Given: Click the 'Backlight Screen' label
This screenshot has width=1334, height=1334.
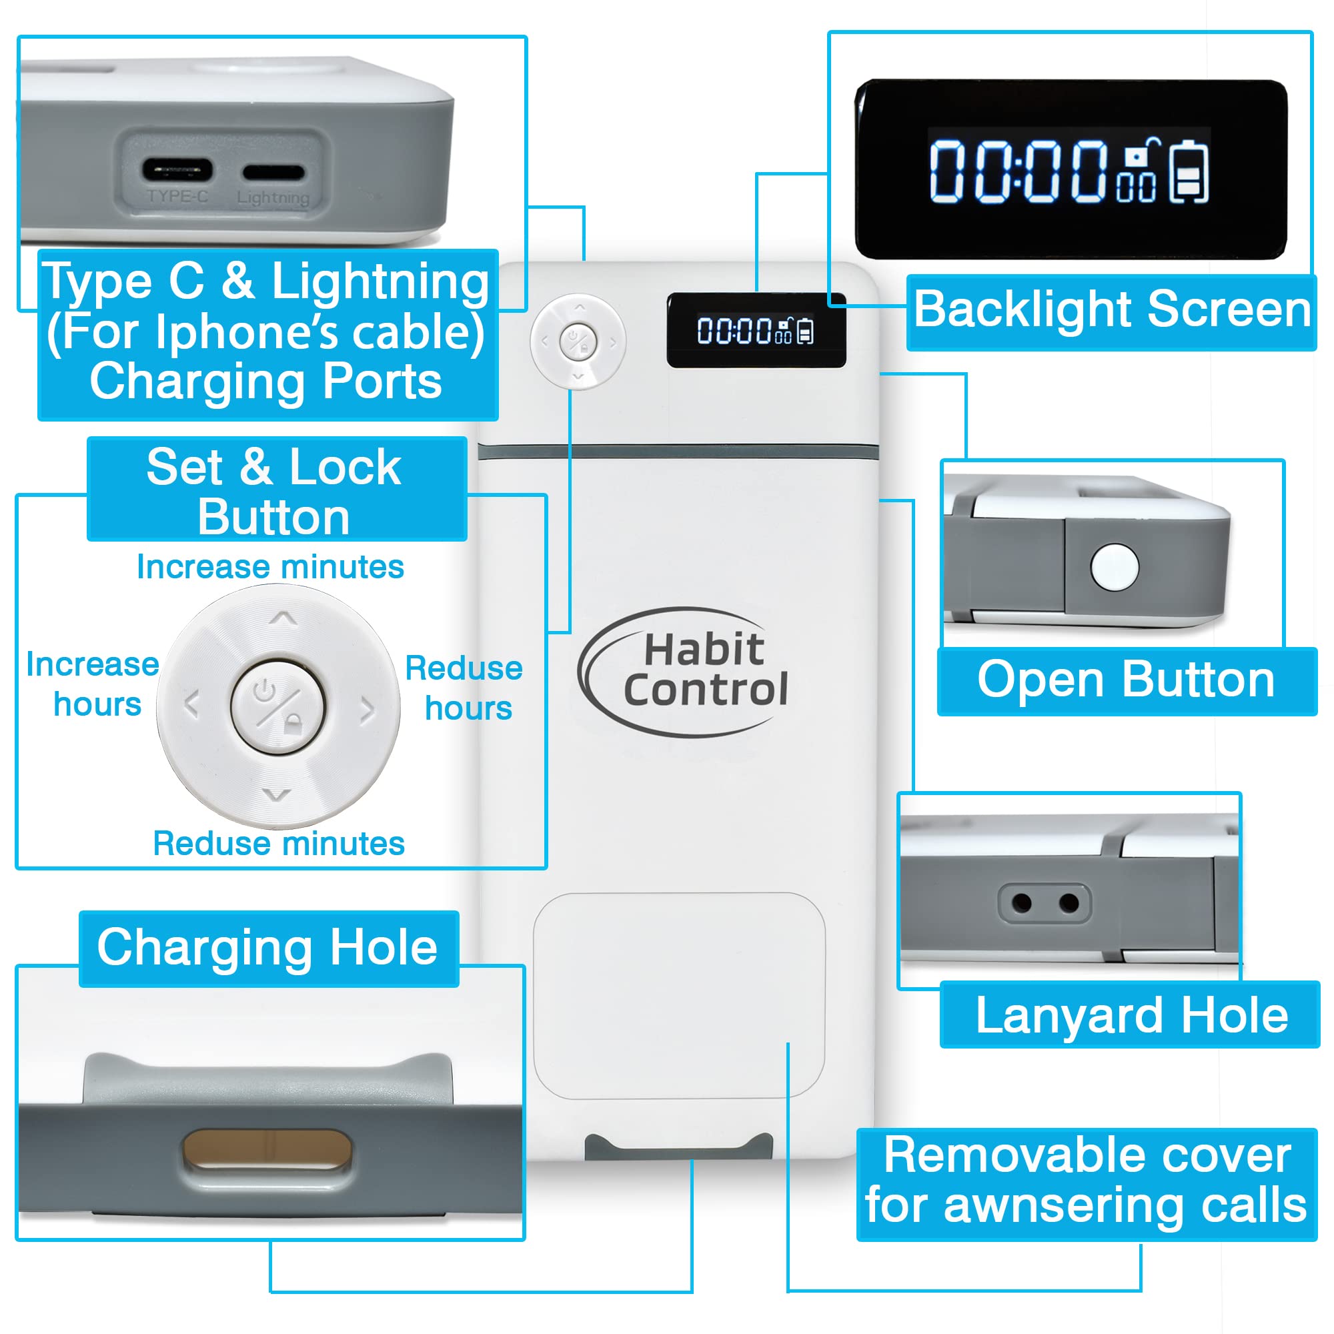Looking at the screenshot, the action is coord(1112,309).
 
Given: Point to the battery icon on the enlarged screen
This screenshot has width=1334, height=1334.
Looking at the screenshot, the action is coord(1189,171).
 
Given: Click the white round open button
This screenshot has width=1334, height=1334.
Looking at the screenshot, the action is coord(1115,566).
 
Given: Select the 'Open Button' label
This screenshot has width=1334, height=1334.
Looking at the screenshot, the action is coord(1126,680).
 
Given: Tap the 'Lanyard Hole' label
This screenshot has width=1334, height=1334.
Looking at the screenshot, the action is coord(1132,1016).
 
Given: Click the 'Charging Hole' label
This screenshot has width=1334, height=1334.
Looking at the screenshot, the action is coord(267,948).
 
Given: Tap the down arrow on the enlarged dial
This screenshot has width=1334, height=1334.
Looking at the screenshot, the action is coord(277,796).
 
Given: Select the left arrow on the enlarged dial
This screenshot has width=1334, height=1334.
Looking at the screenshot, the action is coord(192,704).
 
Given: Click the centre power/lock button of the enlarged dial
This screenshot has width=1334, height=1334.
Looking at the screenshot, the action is coord(277,706).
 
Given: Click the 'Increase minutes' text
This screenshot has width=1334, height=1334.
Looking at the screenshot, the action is coord(270,567).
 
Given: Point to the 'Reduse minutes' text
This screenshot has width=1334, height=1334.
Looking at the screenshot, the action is coord(279,843).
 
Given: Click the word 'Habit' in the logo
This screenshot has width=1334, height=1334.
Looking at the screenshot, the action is coord(704,649).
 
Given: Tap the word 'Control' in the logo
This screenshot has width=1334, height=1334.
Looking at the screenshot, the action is coord(705,689).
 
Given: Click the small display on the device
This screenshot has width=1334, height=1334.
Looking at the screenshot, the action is coord(756,331).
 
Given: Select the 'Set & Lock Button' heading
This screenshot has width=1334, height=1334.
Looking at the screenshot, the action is coord(274,491).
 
